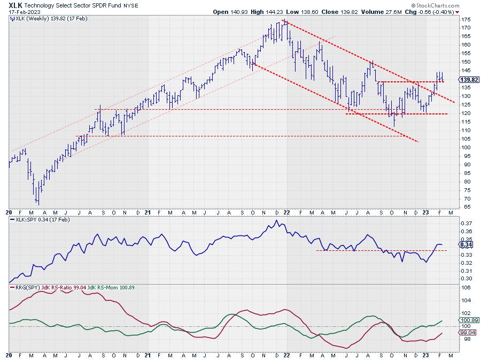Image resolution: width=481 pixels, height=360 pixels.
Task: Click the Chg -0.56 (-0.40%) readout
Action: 441,11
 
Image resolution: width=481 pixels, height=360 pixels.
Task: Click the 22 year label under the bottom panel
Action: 286,355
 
